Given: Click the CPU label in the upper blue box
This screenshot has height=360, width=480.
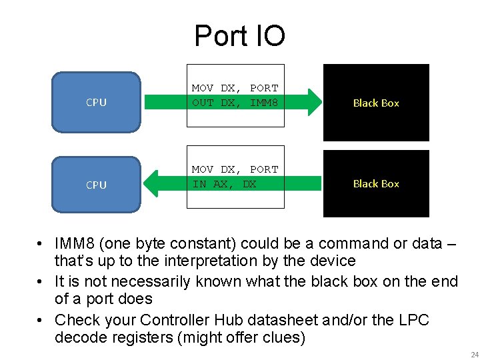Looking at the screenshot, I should coord(96,103).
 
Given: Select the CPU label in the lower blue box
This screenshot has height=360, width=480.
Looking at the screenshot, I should coord(96,185).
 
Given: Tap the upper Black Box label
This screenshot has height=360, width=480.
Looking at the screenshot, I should coord(376,103).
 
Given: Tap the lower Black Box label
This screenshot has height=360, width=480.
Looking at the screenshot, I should coord(376,183).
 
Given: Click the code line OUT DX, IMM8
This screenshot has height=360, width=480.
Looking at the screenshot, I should coord(235,102).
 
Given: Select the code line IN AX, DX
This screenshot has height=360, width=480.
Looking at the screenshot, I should coord(224,184).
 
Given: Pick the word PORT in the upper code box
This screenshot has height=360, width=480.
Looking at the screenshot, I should coord(264,88).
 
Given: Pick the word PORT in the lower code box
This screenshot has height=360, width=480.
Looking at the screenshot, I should coord(264,169).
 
